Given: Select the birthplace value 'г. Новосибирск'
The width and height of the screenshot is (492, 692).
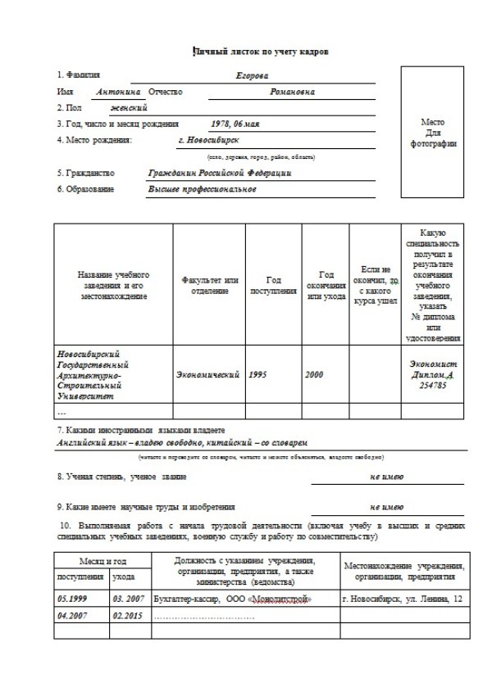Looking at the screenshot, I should [207, 140].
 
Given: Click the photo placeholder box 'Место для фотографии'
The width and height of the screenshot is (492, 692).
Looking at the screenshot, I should [432, 132].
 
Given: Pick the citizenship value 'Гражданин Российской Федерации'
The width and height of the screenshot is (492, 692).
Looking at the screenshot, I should [219, 173].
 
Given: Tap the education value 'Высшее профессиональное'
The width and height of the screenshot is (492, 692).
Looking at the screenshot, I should [202, 189].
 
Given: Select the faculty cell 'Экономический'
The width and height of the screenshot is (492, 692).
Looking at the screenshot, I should [208, 374].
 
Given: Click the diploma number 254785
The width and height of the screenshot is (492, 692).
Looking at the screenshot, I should [432, 383].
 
